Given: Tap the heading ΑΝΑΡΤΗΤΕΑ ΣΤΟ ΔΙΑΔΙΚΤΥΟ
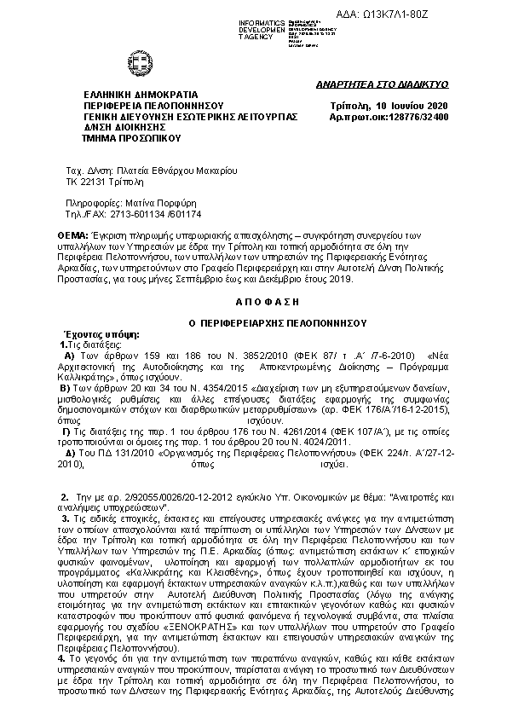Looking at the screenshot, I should [394, 84].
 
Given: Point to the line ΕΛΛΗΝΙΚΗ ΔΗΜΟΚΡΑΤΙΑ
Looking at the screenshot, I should [140, 93].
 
